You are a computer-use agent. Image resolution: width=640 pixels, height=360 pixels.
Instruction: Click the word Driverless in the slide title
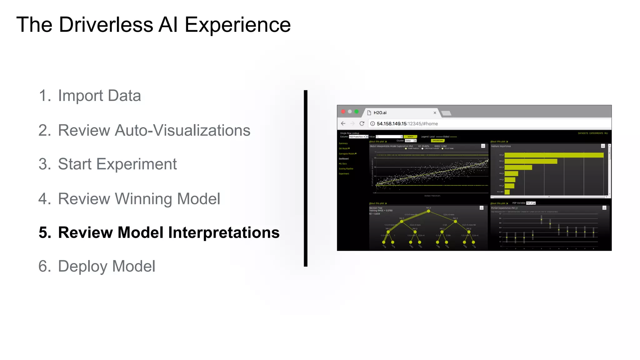click(106, 25)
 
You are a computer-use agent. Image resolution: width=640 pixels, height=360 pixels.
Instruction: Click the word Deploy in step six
click(82, 266)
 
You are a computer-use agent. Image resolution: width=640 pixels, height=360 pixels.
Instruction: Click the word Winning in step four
click(143, 199)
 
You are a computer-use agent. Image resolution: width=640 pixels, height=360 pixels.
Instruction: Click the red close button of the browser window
click(343, 112)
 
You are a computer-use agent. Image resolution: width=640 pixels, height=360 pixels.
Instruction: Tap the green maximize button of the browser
click(357, 112)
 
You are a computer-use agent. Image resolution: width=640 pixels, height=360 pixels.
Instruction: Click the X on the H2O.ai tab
click(435, 113)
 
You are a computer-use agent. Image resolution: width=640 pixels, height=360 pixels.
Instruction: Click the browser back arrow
click(343, 123)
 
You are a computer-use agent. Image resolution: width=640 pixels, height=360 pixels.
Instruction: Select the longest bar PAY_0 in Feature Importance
click(554, 155)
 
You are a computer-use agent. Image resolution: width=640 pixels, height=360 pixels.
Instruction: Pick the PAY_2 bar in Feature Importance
click(531, 161)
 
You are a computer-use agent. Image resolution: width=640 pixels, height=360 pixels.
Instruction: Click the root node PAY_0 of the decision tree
click(428, 211)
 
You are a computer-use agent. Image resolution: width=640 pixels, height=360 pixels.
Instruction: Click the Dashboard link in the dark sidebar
click(344, 159)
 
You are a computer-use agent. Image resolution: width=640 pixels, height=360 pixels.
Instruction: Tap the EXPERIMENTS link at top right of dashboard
click(596, 133)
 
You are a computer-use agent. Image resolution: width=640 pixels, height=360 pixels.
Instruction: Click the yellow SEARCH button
click(410, 137)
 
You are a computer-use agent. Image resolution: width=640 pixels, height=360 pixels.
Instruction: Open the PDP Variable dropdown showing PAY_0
click(531, 203)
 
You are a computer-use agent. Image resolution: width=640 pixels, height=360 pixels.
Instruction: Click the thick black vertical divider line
click(306, 178)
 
